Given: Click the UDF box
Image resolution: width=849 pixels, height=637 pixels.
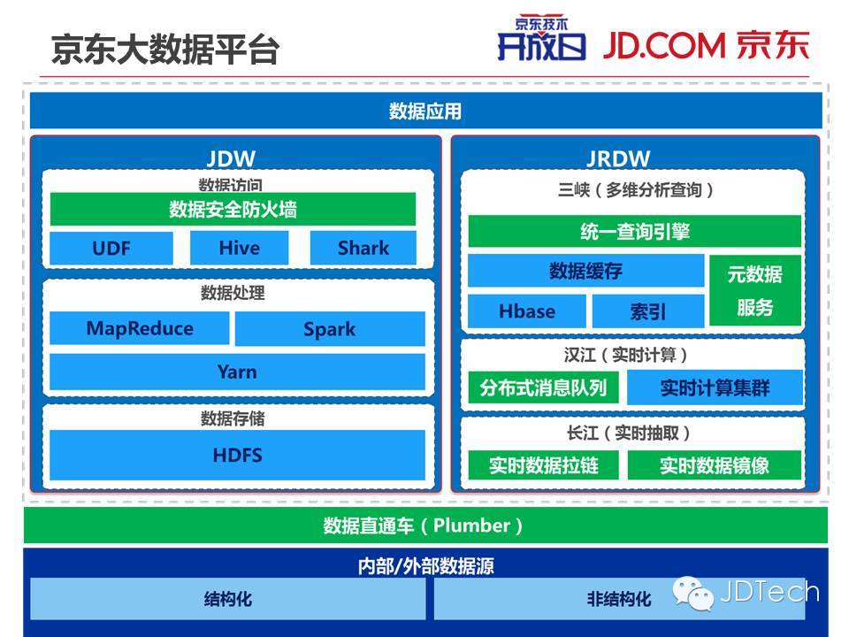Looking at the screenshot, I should (111, 248).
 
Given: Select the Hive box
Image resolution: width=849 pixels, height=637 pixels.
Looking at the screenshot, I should (239, 248).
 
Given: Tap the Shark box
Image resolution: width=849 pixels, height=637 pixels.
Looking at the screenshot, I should (363, 248).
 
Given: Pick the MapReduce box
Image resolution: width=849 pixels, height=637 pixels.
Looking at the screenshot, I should (140, 329).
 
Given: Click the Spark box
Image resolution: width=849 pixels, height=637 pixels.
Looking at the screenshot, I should (329, 329).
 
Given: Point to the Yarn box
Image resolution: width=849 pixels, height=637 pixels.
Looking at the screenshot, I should (237, 372).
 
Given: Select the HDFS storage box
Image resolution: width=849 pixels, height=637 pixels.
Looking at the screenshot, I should (237, 456).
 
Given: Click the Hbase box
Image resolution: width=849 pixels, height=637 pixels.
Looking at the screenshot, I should (527, 311).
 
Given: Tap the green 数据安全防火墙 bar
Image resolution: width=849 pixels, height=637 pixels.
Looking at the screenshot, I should (233, 210).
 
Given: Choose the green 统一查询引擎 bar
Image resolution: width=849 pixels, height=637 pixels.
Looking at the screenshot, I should (634, 232).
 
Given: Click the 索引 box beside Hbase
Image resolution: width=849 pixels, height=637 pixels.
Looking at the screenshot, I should (648, 311).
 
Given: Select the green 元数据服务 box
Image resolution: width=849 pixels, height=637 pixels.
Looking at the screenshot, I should (754, 290).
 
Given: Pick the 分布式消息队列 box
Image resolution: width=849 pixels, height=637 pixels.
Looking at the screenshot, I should (543, 388).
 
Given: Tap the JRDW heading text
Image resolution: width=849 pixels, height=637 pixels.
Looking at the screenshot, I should (618, 159).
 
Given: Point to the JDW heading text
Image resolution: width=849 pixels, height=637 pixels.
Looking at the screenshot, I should (231, 159).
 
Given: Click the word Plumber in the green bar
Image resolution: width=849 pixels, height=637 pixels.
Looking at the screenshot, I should (471, 526).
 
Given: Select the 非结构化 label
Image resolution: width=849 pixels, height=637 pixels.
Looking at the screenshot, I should (619, 599).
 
